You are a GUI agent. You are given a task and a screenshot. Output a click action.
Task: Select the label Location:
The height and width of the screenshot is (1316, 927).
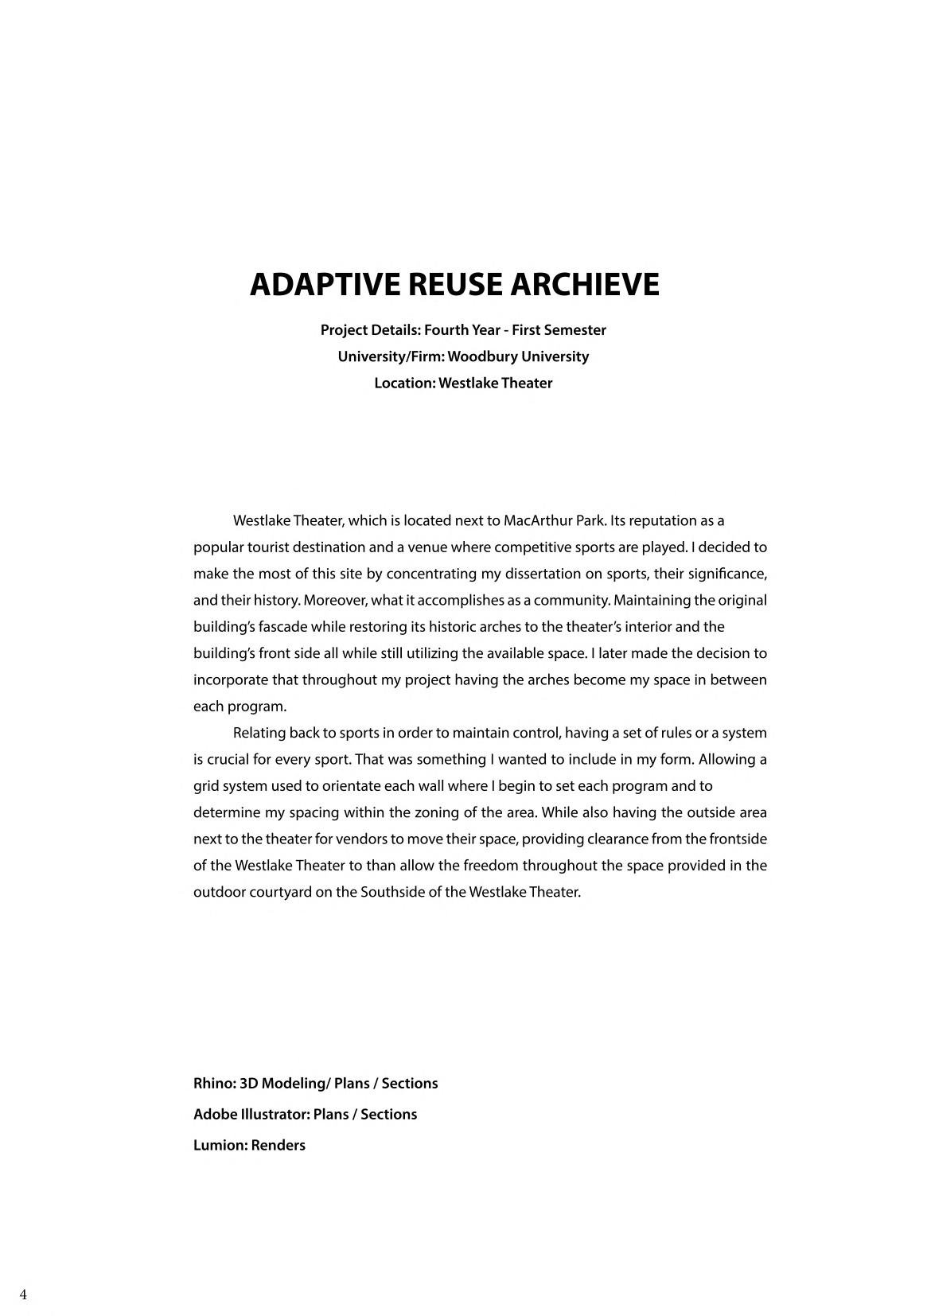pyautogui.click(x=404, y=384)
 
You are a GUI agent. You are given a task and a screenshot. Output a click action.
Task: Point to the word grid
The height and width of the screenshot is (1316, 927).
pyautogui.click(x=206, y=786)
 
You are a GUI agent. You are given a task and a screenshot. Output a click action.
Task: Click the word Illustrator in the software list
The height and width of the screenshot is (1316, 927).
pyautogui.click(x=275, y=1115)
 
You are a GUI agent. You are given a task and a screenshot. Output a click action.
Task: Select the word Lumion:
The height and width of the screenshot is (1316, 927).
pyautogui.click(x=220, y=1146)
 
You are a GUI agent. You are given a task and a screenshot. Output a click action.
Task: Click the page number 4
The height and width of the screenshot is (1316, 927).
pyautogui.click(x=23, y=1295)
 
